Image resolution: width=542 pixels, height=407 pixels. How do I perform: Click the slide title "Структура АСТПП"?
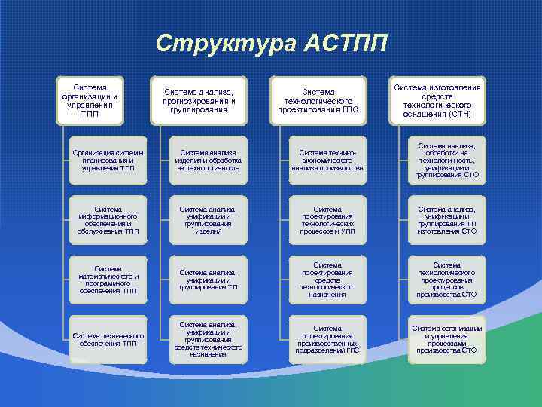[x=271, y=43]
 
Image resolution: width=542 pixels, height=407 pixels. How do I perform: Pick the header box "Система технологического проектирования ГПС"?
[x=318, y=101]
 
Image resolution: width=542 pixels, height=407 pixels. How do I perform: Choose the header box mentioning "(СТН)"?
[x=437, y=101]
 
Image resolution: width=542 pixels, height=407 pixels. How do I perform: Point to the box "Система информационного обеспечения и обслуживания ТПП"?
[x=105, y=220]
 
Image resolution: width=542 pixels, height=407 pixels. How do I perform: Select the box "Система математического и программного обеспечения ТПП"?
[x=105, y=280]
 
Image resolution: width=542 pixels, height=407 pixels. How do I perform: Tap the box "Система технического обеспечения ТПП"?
[x=105, y=339]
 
